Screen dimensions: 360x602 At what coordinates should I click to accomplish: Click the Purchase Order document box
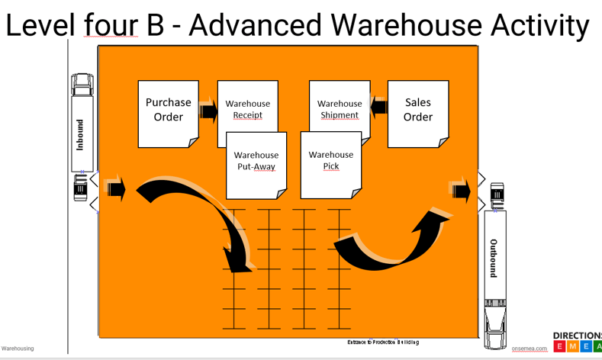click(168, 111)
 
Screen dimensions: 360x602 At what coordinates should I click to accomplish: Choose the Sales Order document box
click(417, 111)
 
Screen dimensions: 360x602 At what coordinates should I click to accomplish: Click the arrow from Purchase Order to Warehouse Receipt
click(208, 111)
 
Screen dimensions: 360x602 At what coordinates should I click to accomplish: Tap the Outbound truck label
click(494, 258)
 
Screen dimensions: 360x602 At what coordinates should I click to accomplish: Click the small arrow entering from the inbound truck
click(114, 188)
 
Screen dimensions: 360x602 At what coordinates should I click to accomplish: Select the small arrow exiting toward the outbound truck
click(459, 189)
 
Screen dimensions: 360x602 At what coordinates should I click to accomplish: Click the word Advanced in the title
click(256, 25)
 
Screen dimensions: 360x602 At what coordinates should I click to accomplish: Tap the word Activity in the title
click(538, 25)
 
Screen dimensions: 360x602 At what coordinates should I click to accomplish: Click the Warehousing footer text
click(18, 349)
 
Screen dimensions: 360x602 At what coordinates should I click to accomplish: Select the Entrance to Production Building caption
click(383, 342)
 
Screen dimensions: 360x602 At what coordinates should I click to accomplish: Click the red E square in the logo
click(560, 346)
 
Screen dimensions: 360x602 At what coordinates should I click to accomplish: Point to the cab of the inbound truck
click(80, 188)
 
